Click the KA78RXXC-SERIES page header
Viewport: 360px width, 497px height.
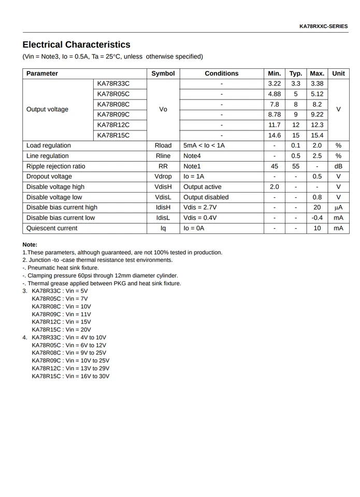[x=323, y=26]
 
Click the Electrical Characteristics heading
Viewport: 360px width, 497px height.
[x=76, y=45]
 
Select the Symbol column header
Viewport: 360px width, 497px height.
[x=163, y=74]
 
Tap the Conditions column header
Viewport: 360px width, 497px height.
[x=221, y=74]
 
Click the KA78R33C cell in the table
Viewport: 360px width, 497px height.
[x=113, y=84]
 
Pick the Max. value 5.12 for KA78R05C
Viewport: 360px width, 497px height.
[x=317, y=94]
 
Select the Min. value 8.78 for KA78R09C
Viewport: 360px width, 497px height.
[x=274, y=114]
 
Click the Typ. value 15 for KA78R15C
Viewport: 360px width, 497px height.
[x=296, y=135]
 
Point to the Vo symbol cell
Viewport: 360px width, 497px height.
[x=163, y=109]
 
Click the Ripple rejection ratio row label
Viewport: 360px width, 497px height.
[x=56, y=166]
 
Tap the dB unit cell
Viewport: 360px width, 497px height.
[x=338, y=166]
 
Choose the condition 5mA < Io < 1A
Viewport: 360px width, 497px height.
[x=204, y=145]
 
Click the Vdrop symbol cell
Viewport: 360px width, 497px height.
[x=163, y=177]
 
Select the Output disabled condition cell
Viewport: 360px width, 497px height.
[x=206, y=197]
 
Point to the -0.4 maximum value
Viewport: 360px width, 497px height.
[x=317, y=218]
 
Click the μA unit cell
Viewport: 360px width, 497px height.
[x=338, y=208]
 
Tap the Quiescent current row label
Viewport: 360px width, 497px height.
[x=52, y=228]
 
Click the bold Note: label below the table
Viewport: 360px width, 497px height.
[x=30, y=244]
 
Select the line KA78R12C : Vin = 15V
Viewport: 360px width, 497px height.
[x=61, y=322]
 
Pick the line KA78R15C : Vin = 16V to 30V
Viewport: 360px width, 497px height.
[x=70, y=376]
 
